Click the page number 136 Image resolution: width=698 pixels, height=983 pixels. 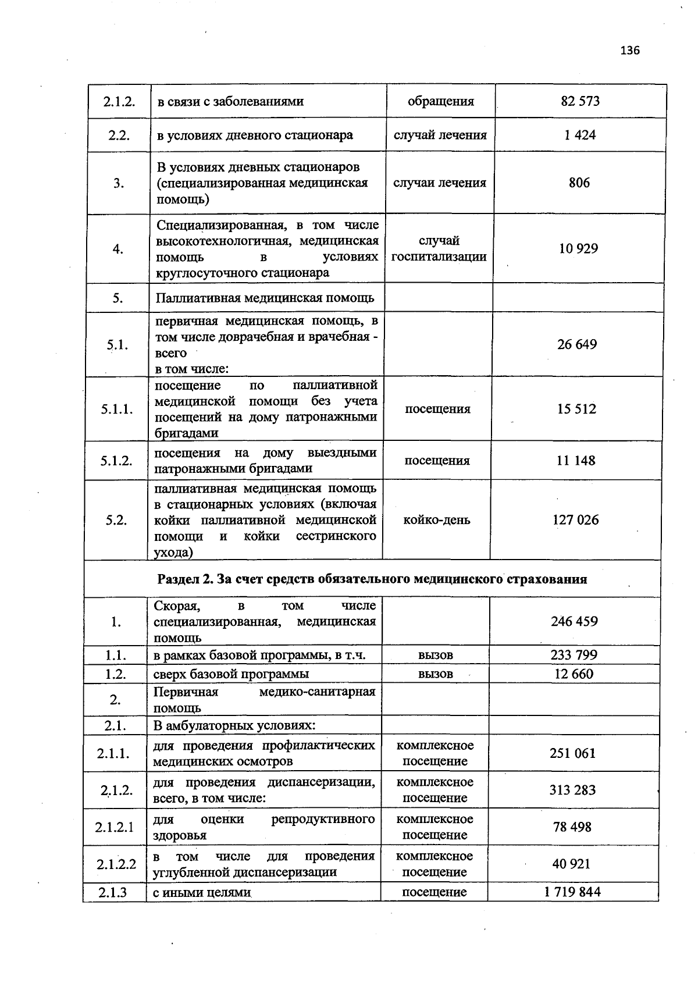[629, 50]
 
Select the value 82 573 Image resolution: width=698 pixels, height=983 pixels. [580, 101]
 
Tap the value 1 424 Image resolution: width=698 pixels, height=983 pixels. [580, 135]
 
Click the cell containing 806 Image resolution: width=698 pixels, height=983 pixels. [579, 183]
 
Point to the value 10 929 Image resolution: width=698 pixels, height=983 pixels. [578, 248]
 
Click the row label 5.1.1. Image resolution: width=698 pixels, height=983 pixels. [116, 409]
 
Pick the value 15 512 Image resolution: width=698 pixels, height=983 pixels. [576, 409]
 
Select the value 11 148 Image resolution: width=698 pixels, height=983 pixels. [576, 461]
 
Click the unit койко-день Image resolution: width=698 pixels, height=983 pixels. [437, 520]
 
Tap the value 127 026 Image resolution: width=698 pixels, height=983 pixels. [575, 520]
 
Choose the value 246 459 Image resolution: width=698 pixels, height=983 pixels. [574, 621]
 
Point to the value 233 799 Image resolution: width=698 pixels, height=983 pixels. [574, 655]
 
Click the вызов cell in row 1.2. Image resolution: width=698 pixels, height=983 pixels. [435, 674]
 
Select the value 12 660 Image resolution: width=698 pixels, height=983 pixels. [574, 674]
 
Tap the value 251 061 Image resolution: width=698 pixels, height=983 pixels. [572, 753]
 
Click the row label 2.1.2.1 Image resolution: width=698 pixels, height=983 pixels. [115, 827]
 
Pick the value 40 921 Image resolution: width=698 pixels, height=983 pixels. [571, 864]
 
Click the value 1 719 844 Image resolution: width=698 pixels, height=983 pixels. [572, 892]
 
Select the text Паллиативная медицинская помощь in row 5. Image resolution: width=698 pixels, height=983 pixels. [265, 298]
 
